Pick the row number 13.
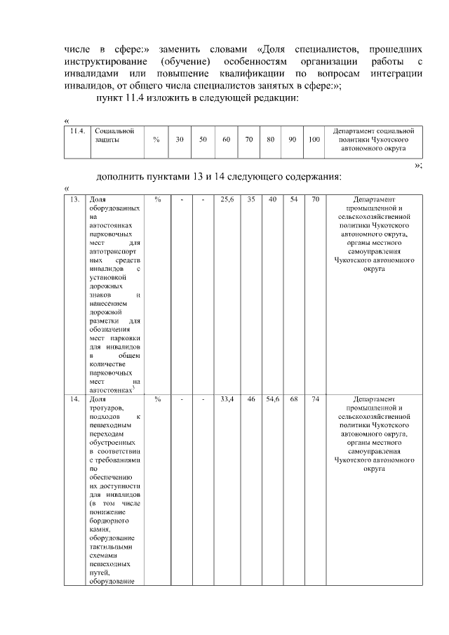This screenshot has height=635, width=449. coord(74,200)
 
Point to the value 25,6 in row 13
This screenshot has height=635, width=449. coord(227,200)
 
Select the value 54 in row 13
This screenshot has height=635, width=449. coord(293,200)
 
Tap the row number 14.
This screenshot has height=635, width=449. coord(74,399)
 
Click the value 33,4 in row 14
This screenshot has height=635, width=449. coord(227,399)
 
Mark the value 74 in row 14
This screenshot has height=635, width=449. coord(315,399)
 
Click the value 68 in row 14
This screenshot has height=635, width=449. coord(294,399)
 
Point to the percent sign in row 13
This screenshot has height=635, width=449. coord(158,200)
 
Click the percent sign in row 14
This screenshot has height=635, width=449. coord(158,399)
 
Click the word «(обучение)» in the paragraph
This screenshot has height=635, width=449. coord(184,62)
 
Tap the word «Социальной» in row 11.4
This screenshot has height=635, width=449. coord(109,131)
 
